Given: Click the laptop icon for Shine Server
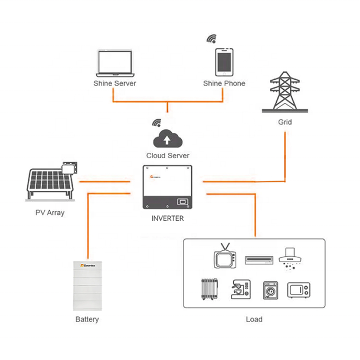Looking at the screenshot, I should point(114,62).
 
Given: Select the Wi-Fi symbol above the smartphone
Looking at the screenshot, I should point(212,39).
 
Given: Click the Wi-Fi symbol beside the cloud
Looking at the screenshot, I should point(157,123).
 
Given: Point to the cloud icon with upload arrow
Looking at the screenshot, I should point(167,138).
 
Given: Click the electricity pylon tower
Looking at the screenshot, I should point(284,92).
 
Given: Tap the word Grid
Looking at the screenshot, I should point(285,122).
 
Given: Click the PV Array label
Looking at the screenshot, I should point(49,212).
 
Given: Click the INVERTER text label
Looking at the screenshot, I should point(167,218).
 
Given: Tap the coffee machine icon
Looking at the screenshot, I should point(240,289).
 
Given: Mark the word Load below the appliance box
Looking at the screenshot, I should point(254,319).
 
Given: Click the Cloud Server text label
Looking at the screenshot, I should point(167,155).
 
